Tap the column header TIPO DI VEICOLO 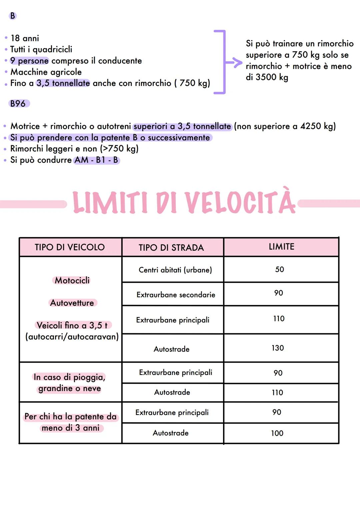70,247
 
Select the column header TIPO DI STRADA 171,248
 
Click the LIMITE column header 281,247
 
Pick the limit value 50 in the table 279,269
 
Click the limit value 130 278,348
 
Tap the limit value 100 277,433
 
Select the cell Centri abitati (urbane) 175,270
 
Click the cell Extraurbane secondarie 176,295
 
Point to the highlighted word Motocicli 72,280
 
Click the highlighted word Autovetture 72,303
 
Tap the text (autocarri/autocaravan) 72,337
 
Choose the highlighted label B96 18,104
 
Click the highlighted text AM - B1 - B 96,160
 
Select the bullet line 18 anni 25,38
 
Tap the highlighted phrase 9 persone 29,61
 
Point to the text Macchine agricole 46,72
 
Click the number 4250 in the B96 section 310,126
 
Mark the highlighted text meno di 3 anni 71,428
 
